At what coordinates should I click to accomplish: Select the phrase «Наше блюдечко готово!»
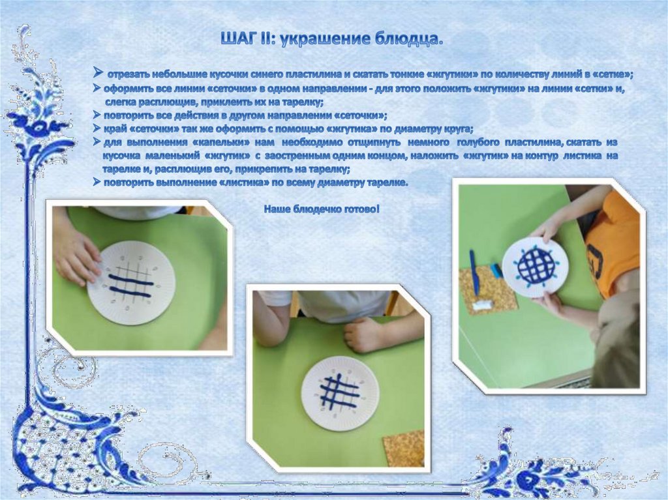coord(322,209)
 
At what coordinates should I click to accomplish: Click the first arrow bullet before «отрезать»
coord(99,73)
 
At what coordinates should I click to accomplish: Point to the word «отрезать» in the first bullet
coord(124,75)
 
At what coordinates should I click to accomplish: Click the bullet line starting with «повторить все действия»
coord(240,115)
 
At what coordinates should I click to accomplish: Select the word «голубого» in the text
coord(477,142)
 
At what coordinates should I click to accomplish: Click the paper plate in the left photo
coord(131,283)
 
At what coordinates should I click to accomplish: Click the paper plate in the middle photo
coord(339,393)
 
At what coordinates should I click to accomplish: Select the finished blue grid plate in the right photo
coord(536,267)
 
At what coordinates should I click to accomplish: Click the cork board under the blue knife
coord(488,289)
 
